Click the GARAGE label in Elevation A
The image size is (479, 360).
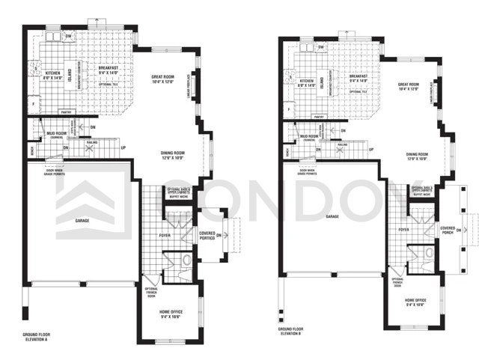[x=82, y=221]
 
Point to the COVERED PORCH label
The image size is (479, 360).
[x=448, y=230]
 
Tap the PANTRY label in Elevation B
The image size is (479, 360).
[x=318, y=118]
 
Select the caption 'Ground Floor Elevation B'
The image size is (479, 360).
[x=292, y=330]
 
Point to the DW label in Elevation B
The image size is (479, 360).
[x=320, y=47]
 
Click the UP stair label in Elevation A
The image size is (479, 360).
[x=123, y=148]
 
